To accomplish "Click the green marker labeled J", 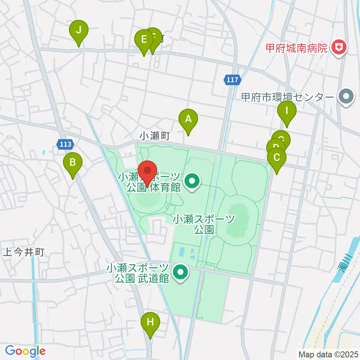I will pos(79,30).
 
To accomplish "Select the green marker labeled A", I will pos(188,119).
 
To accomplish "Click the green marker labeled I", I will pos(287,111).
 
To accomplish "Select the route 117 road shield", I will pos(232,79).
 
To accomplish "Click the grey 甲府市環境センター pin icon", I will pos(346,97).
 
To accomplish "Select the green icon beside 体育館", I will pos(192,182).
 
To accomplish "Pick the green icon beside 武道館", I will pos(181,273).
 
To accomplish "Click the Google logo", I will pos(25,351).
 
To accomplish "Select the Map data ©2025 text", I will pos(328,354).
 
